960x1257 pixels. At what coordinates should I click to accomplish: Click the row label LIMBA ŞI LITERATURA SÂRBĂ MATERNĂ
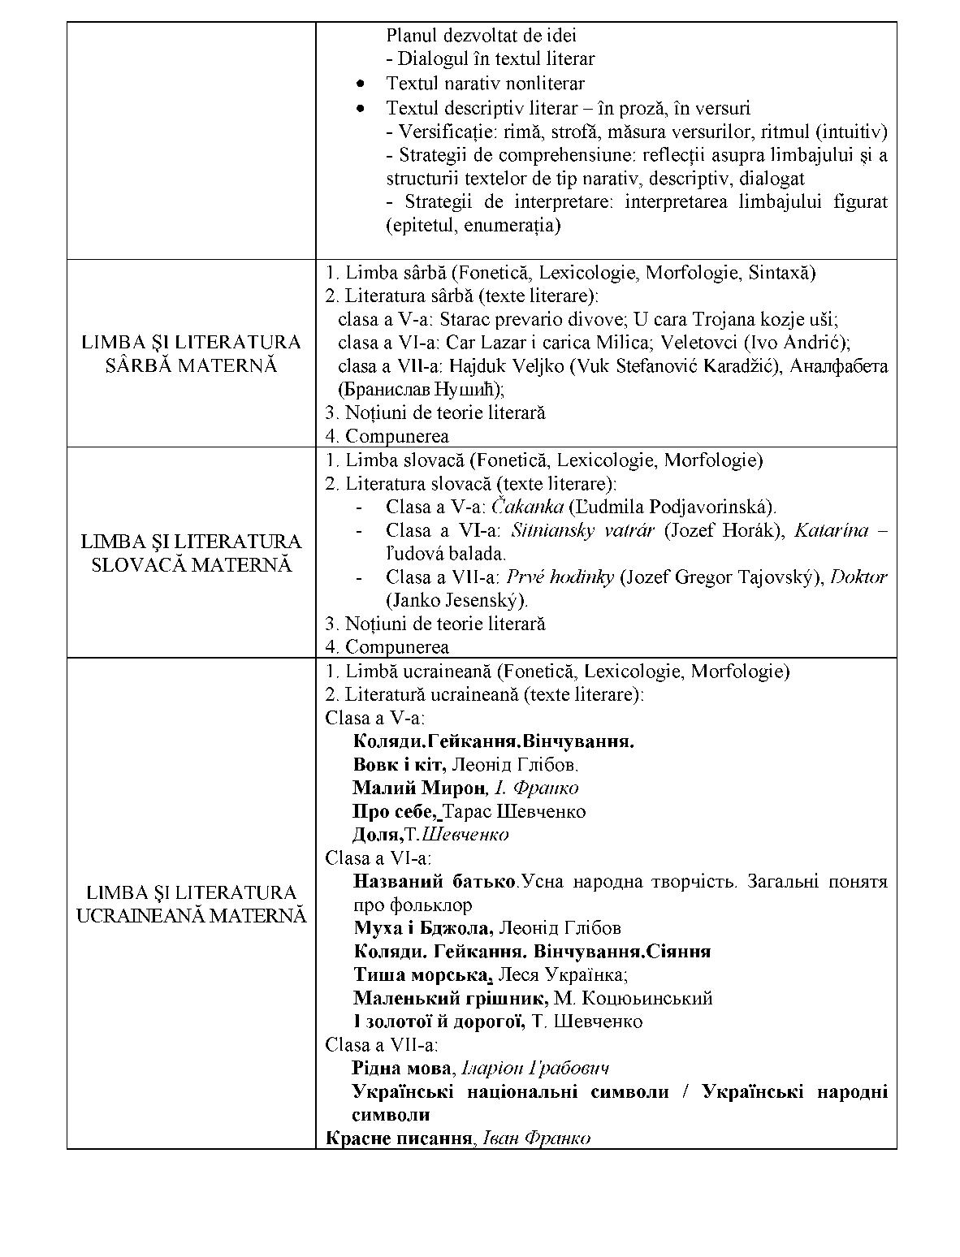(191, 353)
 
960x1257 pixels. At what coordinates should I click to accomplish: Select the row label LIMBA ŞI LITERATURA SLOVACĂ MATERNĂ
(191, 553)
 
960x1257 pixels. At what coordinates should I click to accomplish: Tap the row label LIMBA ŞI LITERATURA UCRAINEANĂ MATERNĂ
(191, 904)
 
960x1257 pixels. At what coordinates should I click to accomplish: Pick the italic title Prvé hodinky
(560, 577)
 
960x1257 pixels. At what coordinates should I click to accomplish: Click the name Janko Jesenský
(456, 601)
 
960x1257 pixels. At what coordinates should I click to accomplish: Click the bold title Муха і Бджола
(422, 928)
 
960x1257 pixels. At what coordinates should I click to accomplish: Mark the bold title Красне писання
(399, 1138)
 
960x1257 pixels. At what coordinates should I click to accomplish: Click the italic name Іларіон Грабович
(535, 1069)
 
